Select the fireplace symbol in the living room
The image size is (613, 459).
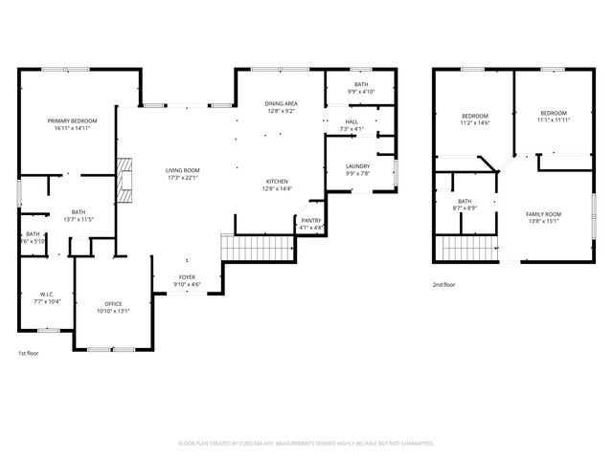point(124,179)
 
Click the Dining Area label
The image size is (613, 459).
point(281,103)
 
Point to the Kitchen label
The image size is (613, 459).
point(277,182)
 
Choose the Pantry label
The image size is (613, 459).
point(311,221)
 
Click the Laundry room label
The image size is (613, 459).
point(357,166)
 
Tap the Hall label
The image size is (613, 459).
point(352,121)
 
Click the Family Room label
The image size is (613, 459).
point(545,213)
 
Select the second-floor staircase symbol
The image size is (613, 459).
point(468,248)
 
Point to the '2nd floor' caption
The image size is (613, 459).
point(443,285)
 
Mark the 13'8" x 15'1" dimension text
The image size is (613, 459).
point(545,221)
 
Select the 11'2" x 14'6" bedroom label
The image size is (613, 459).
point(474,120)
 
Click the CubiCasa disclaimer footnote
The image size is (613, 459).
point(306,443)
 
